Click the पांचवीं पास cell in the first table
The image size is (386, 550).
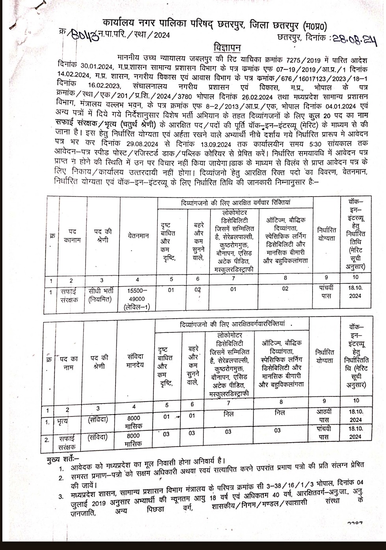pos(326,292)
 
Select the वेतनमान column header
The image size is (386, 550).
pos(138,236)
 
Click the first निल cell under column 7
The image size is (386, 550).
pos(228,414)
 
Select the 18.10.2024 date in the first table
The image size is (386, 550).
pos(355,292)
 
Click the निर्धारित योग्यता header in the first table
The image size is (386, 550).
pos(327,234)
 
